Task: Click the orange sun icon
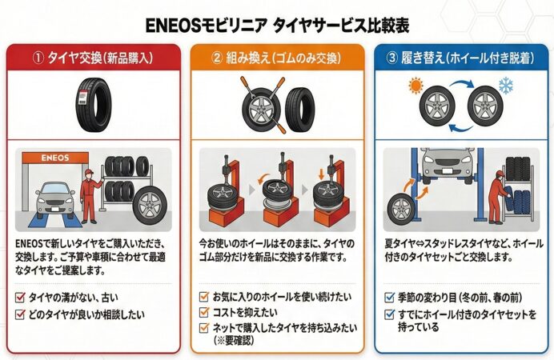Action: (415, 86)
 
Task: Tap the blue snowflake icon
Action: (506, 86)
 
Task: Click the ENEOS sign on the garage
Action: (55, 158)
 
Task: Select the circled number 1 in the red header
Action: (38, 58)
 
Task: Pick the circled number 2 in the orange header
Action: (217, 58)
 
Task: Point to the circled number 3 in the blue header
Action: (391, 58)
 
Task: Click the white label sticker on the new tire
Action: (82, 97)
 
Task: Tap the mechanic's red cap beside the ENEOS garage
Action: (89, 172)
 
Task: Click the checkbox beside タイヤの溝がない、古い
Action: (21, 297)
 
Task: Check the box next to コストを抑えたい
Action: (204, 312)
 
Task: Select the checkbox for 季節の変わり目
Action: (389, 297)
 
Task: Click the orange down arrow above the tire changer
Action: (321, 174)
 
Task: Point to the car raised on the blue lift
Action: (448, 165)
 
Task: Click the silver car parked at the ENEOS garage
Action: (55, 199)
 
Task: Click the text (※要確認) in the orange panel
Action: (234, 340)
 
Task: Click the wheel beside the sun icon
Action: (437, 106)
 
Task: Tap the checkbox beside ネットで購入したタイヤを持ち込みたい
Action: (204, 327)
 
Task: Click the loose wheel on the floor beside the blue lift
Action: (401, 209)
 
